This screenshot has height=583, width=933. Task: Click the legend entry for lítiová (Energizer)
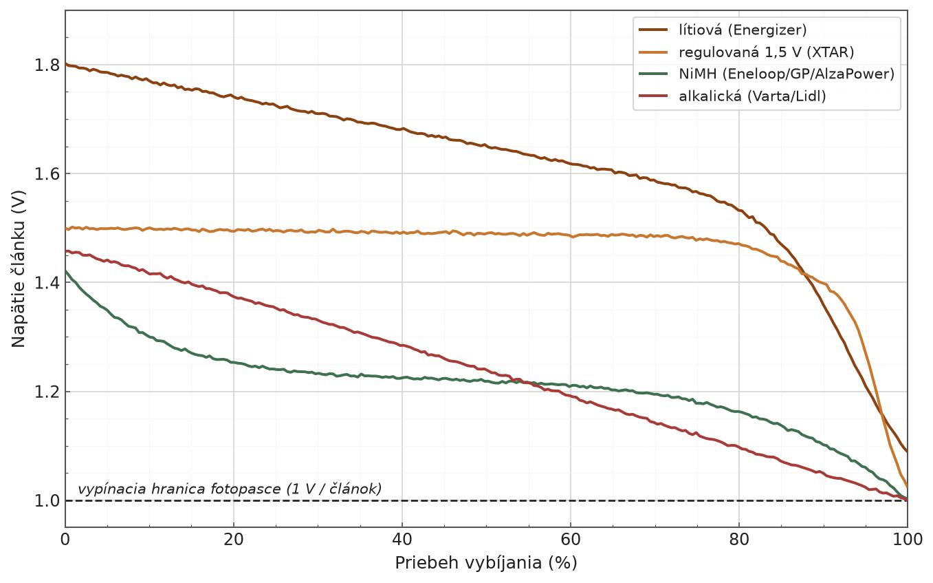coord(723,30)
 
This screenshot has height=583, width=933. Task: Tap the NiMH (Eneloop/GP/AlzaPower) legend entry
coord(767,74)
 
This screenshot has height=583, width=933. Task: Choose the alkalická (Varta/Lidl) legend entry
coord(732,96)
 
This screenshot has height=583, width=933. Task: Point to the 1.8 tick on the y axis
coord(46,65)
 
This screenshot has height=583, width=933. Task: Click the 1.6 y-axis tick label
coord(46,174)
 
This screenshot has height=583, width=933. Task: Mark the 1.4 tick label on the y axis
coord(46,283)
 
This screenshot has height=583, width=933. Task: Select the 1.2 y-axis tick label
coord(46,392)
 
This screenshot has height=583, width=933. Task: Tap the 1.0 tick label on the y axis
coord(46,500)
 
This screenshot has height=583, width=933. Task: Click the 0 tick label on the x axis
coord(65,540)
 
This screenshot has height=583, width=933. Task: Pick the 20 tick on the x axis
coord(233,540)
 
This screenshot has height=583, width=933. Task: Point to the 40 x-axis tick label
coord(402,540)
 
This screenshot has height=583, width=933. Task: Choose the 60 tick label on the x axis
coord(570,540)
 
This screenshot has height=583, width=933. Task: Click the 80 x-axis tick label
coord(739,540)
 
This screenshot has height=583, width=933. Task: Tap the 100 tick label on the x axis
coord(907,540)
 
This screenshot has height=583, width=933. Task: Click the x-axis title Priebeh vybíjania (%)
coord(486,563)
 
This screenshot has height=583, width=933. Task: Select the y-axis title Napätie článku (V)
coord(19,269)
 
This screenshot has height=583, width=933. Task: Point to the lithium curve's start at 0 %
coord(66,64)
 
